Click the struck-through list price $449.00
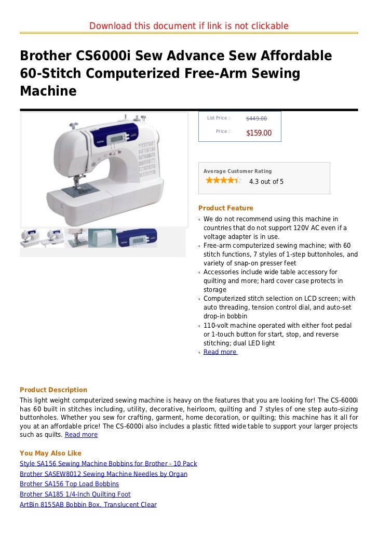[x=256, y=118]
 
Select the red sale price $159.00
[x=259, y=133]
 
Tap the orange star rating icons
[x=223, y=181]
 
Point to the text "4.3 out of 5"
[x=266, y=182]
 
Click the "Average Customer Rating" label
[x=237, y=171]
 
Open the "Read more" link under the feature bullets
[x=220, y=352]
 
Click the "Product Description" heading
[x=53, y=390]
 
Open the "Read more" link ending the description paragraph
[x=81, y=435]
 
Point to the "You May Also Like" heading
[x=50, y=453]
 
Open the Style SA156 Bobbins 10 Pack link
[x=108, y=463]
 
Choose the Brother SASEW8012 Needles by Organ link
[x=103, y=474]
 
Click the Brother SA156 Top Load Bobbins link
[x=69, y=484]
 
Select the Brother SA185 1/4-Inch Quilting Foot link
[x=75, y=494]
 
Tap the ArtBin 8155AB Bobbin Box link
[x=88, y=505]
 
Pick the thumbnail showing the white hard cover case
[x=102, y=238]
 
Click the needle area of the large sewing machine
[x=77, y=179]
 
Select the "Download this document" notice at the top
[x=189, y=26]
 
